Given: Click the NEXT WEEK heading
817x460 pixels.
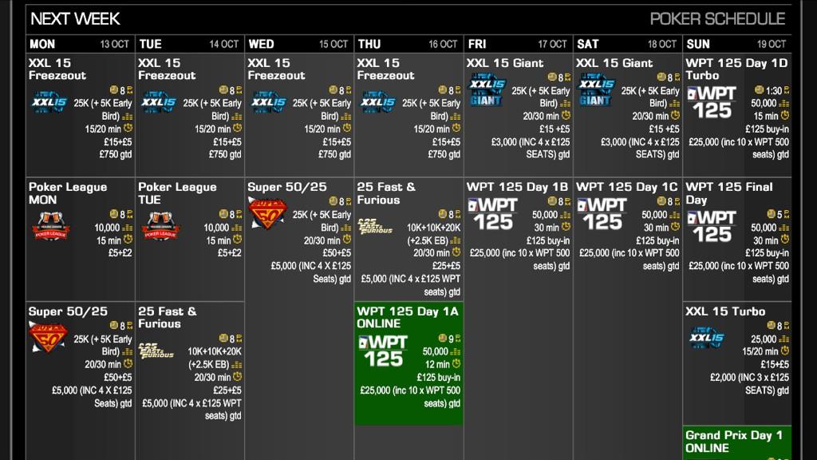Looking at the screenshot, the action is click(x=75, y=18).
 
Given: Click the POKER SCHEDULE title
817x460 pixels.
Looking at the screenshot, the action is click(x=717, y=18).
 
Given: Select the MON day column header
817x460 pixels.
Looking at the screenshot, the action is click(x=42, y=44).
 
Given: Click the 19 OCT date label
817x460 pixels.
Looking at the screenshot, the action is click(x=772, y=44).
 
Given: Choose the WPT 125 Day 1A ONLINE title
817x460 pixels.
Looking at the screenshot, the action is click(x=408, y=317).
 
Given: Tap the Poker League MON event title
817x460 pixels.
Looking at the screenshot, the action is click(x=68, y=193).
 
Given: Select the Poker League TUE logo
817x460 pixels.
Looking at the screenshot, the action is click(x=161, y=227).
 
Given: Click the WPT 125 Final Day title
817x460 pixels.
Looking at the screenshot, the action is click(x=728, y=193).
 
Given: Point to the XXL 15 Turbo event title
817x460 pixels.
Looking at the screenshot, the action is click(x=725, y=311).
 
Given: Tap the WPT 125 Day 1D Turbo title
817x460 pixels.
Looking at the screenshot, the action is click(x=736, y=69).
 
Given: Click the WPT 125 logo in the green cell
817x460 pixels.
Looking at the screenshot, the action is click(x=385, y=350).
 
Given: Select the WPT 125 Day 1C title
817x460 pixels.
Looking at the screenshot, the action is click(x=626, y=187).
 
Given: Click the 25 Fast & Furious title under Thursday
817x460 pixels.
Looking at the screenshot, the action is click(x=386, y=193).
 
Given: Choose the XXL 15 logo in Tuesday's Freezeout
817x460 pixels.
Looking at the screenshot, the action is click(x=159, y=102).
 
